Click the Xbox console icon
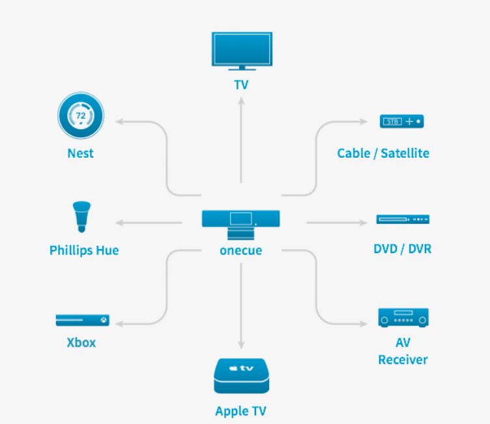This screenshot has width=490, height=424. pyautogui.click(x=82, y=320)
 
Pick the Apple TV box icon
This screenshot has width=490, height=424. pyautogui.click(x=241, y=377)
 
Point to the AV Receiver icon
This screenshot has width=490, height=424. pyautogui.click(x=404, y=318)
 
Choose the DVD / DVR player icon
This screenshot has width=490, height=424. pyautogui.click(x=403, y=220)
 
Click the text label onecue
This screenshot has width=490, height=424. pyautogui.click(x=240, y=250)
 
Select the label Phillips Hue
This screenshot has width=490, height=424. pyautogui.click(x=84, y=250)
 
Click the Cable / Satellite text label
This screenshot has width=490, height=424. pyautogui.click(x=383, y=153)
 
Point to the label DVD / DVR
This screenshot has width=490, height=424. pyautogui.click(x=402, y=249)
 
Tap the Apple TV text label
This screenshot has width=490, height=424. pyautogui.click(x=240, y=411)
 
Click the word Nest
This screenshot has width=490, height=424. pyautogui.click(x=80, y=153)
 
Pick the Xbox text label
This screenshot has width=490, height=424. pyautogui.click(x=81, y=342)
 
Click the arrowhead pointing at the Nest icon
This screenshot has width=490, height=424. pyautogui.click(x=121, y=121)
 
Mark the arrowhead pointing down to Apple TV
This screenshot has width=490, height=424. pyautogui.click(x=241, y=344)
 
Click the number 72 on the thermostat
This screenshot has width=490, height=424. pyautogui.click(x=81, y=115)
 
